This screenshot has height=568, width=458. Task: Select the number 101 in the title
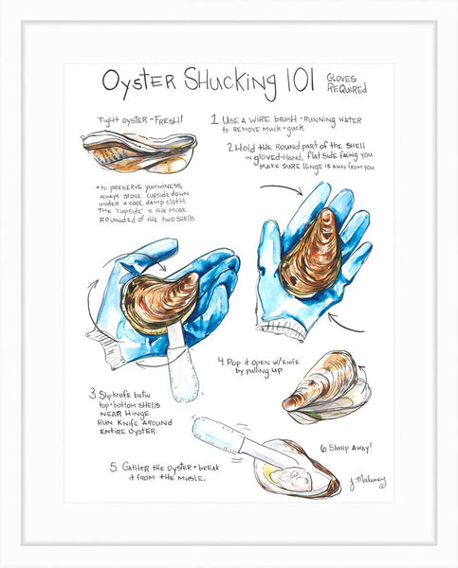(294, 84)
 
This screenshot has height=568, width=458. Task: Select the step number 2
(230, 148)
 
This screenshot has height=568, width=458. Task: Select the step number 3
(94, 393)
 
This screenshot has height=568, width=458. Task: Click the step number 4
(220, 361)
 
